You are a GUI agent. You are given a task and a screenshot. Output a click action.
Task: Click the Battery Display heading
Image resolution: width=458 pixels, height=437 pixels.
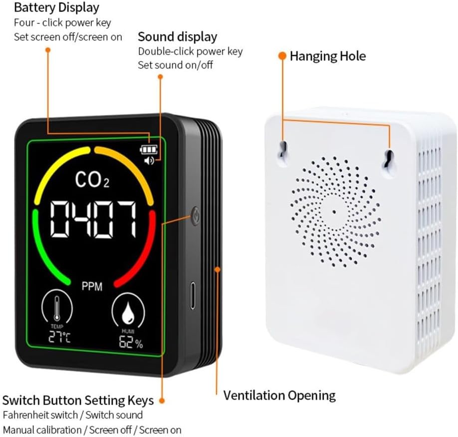point(57,8)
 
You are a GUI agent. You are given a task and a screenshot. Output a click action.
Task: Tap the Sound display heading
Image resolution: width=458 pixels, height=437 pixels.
point(178,37)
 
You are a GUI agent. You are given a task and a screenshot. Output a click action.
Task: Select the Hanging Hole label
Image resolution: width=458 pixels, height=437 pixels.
point(328,56)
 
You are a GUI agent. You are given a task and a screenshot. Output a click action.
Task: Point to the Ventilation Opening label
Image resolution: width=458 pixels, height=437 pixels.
point(279,396)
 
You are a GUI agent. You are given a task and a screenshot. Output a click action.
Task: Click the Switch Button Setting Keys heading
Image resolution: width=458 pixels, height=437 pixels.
point(78,401)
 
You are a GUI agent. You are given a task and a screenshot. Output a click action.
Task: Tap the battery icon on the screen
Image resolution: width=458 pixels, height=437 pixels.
point(149,150)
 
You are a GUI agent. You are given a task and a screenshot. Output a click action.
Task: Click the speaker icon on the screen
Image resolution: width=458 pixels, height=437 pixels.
point(149,160)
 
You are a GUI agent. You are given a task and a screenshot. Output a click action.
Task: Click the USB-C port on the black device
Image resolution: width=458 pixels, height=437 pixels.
point(193,295)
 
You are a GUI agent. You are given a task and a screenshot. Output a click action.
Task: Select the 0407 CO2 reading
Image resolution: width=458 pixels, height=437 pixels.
point(93,219)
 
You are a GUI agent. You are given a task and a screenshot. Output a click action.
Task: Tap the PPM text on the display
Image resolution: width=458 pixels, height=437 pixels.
point(92,287)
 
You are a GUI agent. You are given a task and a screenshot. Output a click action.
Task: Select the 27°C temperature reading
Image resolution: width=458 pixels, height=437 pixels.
point(59,337)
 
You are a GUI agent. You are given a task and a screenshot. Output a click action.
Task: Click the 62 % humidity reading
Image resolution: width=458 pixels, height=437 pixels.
point(131,342)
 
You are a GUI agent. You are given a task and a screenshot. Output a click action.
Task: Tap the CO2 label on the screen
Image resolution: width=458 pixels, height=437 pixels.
point(92,179)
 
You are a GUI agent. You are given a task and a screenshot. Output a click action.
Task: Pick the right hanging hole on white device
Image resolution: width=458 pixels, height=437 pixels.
point(389,160)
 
